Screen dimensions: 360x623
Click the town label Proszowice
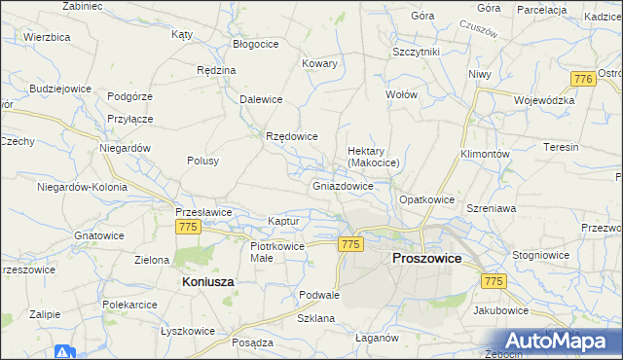[x=426, y=259]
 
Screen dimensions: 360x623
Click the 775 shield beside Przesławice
[x=189, y=227]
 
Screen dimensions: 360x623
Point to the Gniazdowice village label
[x=344, y=185]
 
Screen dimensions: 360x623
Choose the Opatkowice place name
[x=427, y=199]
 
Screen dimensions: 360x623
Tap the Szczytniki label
[x=417, y=51]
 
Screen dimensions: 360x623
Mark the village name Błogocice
[x=257, y=44]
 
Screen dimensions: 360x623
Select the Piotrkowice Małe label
[x=277, y=252]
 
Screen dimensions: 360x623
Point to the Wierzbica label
[x=47, y=36]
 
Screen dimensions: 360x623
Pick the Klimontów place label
[x=485, y=155]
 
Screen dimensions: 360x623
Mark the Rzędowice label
[x=292, y=136]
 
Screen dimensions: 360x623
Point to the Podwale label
[x=319, y=295]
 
